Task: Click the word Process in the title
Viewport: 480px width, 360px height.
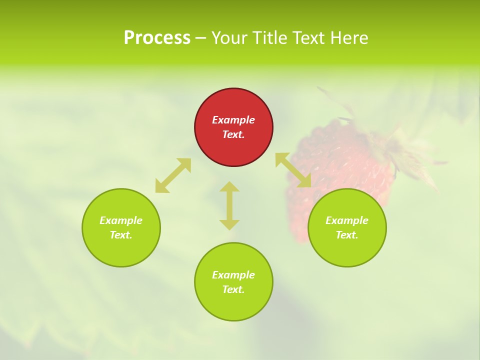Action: (x=157, y=38)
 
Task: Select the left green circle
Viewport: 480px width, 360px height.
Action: (x=121, y=250)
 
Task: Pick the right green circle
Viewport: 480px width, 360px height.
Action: (x=347, y=250)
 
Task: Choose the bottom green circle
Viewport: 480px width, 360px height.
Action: (x=233, y=305)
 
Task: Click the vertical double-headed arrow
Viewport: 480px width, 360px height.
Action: (x=229, y=205)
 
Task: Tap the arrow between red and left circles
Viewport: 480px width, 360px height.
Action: (x=173, y=175)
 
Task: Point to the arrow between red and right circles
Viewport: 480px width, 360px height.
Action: (x=293, y=170)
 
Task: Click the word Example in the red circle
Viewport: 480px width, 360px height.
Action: (x=233, y=120)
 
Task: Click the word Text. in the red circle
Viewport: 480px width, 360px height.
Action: (x=233, y=134)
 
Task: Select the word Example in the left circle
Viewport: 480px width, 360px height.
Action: (x=121, y=220)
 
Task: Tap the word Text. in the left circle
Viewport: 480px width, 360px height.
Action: (x=121, y=235)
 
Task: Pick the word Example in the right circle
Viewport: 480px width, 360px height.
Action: (x=347, y=220)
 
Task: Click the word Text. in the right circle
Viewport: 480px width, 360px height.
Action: (x=347, y=235)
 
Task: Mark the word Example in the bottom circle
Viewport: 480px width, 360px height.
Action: (x=233, y=275)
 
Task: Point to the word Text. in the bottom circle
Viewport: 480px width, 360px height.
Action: (x=233, y=289)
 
